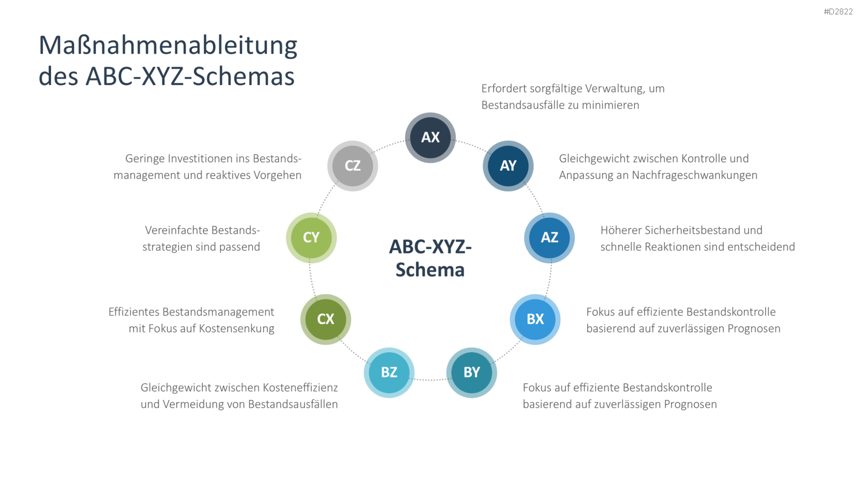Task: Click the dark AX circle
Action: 430,137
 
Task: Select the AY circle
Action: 508,166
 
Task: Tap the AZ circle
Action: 549,237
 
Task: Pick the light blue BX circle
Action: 535,319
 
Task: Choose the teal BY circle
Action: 472,372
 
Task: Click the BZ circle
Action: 389,372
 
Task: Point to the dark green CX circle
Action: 325,319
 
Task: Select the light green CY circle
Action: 311,237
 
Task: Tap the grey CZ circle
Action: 352,166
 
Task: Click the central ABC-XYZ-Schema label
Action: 430,258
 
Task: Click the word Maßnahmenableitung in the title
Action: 168,45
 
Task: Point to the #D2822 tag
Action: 838,11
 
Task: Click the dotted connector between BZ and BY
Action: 430,380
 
